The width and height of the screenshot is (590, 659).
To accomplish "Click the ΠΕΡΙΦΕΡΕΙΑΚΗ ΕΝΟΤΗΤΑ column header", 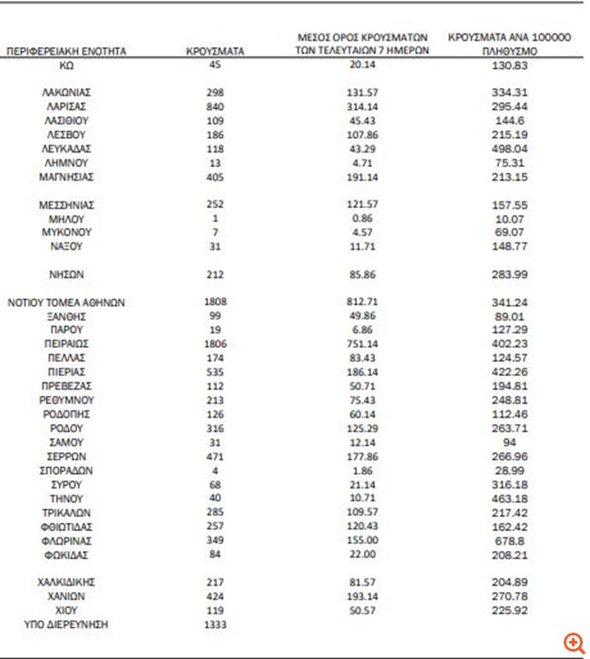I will [66, 53].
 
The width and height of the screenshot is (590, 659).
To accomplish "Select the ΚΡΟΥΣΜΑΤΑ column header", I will [215, 53].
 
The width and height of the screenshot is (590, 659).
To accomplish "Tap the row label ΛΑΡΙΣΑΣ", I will [66, 106].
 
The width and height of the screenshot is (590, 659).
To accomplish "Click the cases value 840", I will [215, 106].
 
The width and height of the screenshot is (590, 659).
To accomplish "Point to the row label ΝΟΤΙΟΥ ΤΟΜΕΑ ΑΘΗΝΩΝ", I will [66, 301].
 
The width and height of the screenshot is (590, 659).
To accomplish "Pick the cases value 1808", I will [215, 301].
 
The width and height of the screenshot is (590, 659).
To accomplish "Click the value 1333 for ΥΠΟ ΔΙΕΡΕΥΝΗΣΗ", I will [215, 625].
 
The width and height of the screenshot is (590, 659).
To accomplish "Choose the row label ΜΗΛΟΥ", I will [66, 219].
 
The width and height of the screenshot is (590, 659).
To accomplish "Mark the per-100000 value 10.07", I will [508, 219].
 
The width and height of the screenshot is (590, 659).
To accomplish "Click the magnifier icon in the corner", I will [574, 643].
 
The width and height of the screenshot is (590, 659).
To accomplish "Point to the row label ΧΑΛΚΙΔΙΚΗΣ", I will [66, 583].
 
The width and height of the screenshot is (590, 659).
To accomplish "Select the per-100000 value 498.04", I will [508, 148].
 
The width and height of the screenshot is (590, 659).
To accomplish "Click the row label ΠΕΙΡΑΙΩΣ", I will [66, 344].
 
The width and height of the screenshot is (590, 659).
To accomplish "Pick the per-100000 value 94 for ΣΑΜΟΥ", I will [508, 442].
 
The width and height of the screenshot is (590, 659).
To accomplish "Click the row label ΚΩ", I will [66, 66].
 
